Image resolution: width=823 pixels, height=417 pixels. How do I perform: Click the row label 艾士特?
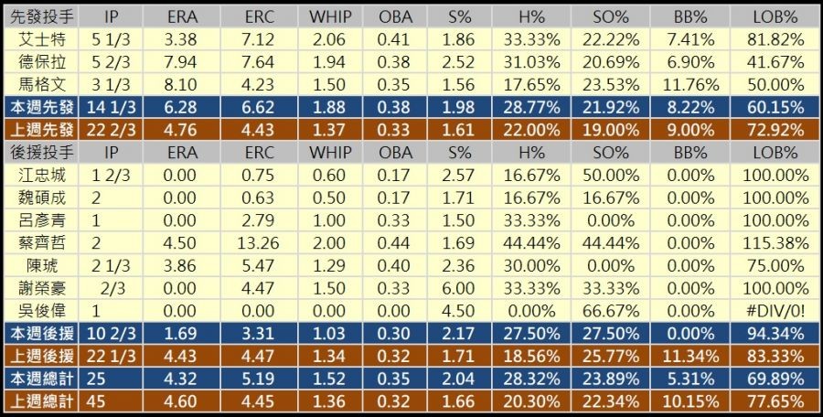tap(42, 39)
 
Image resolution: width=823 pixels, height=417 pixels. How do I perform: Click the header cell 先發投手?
tap(42, 17)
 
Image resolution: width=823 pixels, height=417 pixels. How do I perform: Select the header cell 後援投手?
tap(42, 152)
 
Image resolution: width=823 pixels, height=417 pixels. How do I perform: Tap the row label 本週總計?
tap(42, 378)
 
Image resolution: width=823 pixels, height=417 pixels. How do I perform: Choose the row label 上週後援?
tap(42, 355)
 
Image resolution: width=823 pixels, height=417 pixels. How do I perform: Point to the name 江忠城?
tap(42, 175)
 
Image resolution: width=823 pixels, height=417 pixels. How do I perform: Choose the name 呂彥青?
tap(42, 219)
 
